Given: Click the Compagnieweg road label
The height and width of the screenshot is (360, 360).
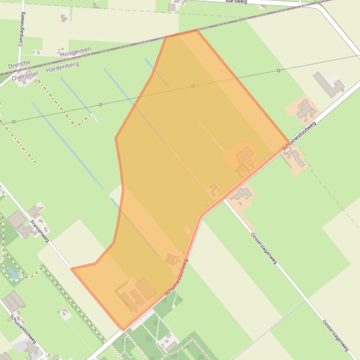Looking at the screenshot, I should (21, 29).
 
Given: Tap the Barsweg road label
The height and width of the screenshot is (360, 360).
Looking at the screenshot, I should (236, 1).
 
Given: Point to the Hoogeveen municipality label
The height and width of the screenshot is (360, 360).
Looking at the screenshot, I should (75, 51).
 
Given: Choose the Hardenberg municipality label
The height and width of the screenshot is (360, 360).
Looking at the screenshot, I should (62, 67).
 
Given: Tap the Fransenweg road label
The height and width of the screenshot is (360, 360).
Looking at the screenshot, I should (40, 230).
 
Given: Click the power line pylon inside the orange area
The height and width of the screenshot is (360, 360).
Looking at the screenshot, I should (193, 86).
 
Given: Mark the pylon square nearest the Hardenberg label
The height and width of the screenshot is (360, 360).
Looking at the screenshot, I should (101, 105).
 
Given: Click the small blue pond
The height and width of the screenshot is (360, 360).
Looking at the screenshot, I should (13, 273).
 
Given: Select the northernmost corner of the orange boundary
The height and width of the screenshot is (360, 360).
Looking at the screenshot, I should (197, 30).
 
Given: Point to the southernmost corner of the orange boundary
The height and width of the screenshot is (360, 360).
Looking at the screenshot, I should (123, 330).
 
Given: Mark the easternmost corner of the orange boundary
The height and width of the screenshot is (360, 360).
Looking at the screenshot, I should (288, 142).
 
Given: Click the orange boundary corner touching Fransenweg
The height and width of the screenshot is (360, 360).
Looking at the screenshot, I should (72, 268).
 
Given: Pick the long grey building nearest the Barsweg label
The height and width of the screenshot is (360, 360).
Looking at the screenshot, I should (324, 84).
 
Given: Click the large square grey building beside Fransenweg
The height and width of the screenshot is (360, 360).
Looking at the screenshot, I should (17, 219).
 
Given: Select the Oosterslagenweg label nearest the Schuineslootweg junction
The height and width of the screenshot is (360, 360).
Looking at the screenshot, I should (263, 248).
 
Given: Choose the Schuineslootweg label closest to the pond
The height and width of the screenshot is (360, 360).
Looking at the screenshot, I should (23, 329).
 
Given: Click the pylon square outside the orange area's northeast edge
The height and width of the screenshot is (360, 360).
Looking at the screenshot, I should (279, 71).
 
